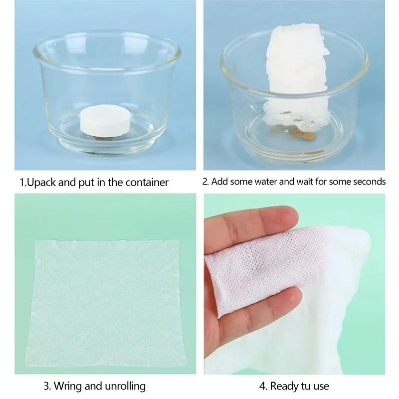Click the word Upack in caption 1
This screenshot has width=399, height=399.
[x=42, y=182]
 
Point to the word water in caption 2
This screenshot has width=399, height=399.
[x=264, y=182]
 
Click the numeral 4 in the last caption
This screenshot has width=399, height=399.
[x=262, y=386]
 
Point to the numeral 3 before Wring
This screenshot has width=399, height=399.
[x=46, y=386]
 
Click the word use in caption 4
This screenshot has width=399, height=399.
[x=322, y=387]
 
